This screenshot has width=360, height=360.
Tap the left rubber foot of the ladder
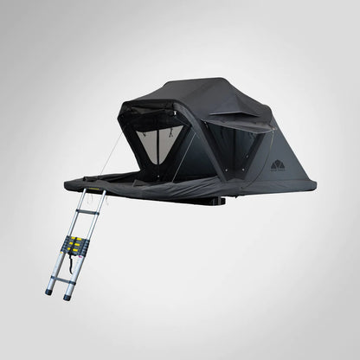(49, 292)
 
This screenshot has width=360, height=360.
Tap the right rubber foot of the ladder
(66, 296)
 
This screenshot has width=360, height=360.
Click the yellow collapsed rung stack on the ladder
(76, 245)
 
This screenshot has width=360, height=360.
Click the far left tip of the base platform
(66, 182)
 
